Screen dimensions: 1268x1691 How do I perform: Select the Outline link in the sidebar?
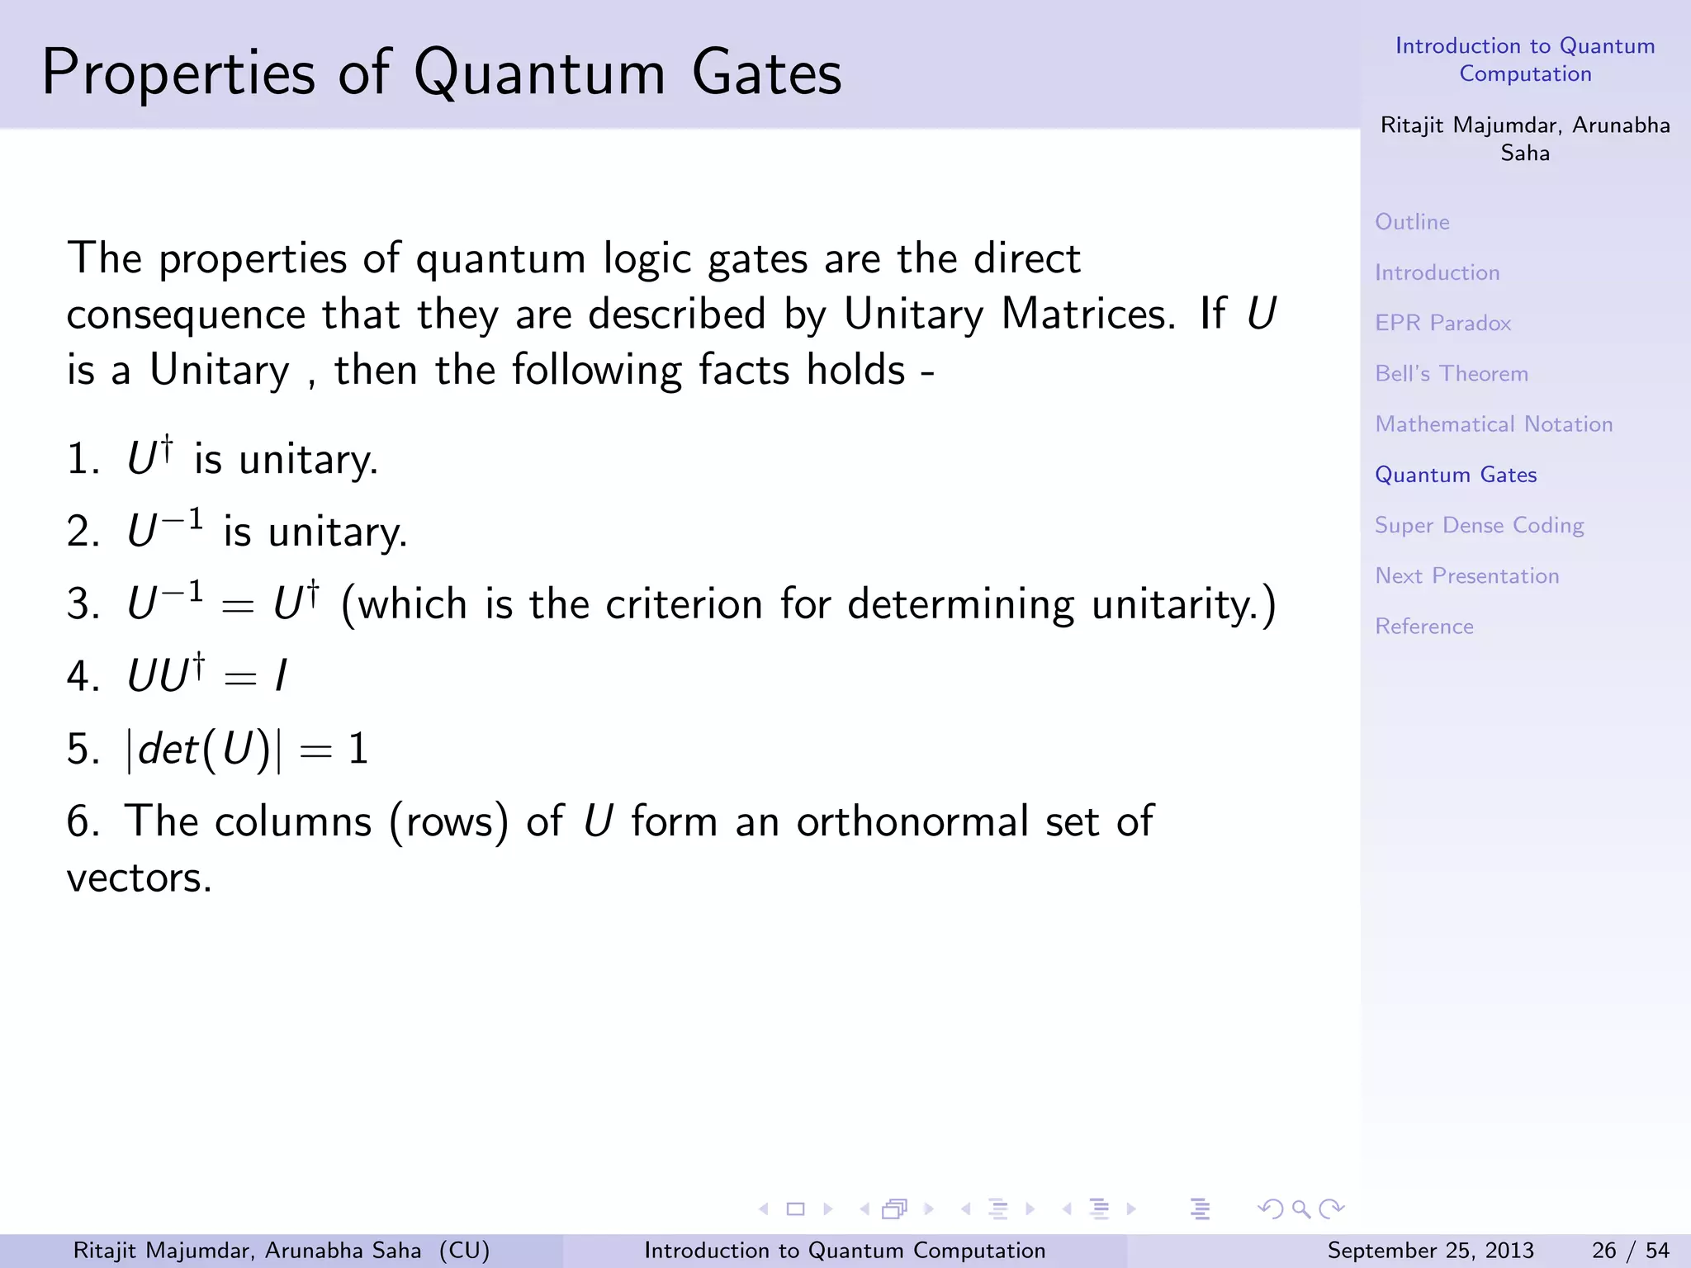click(x=1412, y=222)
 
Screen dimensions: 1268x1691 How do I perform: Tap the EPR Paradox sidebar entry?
click(x=1442, y=323)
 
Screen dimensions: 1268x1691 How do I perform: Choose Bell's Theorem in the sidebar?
click(x=1451, y=374)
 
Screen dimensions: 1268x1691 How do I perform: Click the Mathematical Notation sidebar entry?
click(x=1493, y=424)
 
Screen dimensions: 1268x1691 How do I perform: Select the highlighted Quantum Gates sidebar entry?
click(x=1455, y=475)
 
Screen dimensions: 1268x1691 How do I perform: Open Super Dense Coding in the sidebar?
click(x=1478, y=526)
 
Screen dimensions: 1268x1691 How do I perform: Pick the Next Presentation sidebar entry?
click(x=1466, y=576)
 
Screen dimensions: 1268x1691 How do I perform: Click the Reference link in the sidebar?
click(x=1423, y=627)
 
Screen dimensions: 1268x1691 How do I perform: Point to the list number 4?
click(x=81, y=677)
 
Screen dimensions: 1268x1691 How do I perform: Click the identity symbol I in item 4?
click(x=281, y=677)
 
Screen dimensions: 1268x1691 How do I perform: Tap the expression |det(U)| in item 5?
click(x=203, y=750)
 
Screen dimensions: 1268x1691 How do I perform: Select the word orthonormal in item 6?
click(x=912, y=822)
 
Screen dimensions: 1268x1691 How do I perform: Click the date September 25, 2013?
click(x=1430, y=1251)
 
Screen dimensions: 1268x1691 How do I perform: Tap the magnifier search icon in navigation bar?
click(x=1301, y=1209)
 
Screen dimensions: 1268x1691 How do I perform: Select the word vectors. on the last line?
click(x=139, y=878)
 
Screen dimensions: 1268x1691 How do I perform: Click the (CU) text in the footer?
click(x=464, y=1251)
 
